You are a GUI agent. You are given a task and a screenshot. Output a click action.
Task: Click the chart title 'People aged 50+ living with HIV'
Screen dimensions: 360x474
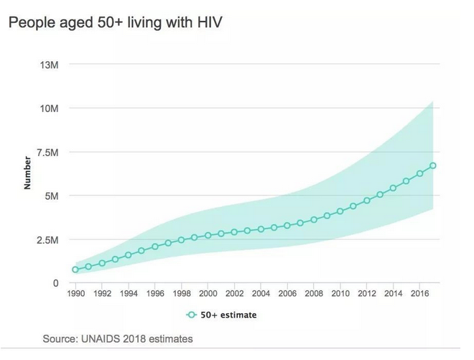pos(115,23)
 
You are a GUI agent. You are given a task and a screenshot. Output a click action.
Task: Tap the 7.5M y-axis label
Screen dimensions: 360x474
pos(47,152)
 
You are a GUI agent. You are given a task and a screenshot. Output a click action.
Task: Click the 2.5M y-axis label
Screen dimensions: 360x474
pos(47,239)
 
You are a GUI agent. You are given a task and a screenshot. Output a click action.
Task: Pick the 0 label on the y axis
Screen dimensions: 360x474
pos(55,283)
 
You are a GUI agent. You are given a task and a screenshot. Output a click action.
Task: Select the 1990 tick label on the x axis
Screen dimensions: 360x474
pos(75,294)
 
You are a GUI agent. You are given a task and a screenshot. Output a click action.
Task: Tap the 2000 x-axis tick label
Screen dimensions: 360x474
pos(208,294)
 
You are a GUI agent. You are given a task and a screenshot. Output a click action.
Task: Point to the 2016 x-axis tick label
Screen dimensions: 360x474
pos(419,294)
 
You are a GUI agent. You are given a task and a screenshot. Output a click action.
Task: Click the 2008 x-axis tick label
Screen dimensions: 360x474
pos(314,294)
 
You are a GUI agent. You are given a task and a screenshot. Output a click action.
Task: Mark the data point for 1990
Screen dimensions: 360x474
pos(75,269)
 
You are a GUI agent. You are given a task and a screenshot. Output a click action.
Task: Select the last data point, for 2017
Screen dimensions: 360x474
pos(433,166)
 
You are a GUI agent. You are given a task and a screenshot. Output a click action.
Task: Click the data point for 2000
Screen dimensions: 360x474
pos(208,235)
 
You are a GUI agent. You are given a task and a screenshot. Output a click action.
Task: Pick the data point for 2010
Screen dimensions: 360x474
pos(340,212)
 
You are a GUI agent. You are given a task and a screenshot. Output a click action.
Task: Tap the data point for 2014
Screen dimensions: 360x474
pos(393,188)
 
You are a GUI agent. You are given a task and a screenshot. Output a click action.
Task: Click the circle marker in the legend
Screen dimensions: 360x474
pos(192,315)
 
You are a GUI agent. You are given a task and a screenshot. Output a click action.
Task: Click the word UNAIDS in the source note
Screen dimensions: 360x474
pos(102,338)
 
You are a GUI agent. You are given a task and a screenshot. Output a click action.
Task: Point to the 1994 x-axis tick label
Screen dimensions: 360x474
pos(129,294)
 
